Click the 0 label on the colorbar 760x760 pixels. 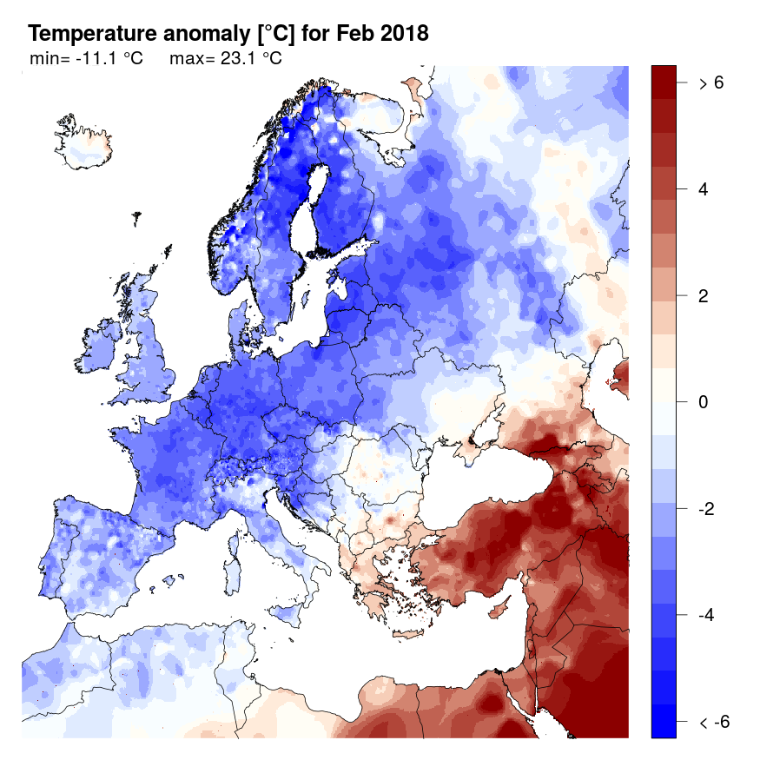click(704, 402)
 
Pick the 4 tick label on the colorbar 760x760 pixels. click(704, 189)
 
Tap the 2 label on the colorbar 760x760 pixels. click(704, 295)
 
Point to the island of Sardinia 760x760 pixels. click(232, 557)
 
